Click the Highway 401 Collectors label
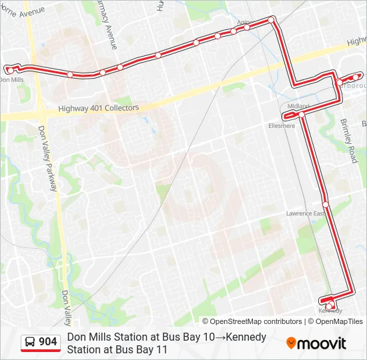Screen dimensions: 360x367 (98, 107)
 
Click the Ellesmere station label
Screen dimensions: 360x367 (281, 125)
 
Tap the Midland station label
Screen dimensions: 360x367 (298, 106)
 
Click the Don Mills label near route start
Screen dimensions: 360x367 (11, 79)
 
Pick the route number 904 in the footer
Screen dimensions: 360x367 (48, 342)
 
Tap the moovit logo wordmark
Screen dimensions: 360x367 (322, 343)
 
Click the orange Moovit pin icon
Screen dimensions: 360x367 (291, 343)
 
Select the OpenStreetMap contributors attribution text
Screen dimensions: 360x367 (256, 321)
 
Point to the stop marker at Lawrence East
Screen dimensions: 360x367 (326, 204)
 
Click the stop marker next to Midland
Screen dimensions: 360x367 (302, 115)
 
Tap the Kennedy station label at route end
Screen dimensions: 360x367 (330, 311)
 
